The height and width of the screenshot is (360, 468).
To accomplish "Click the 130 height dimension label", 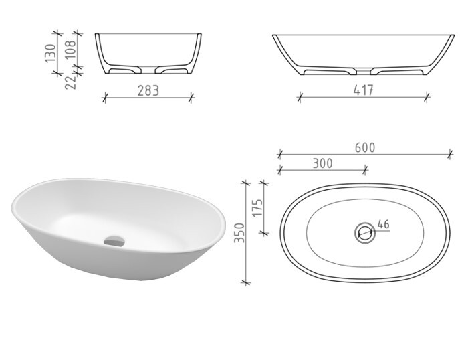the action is tap(51, 53).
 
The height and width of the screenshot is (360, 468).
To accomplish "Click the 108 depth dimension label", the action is tap(71, 49).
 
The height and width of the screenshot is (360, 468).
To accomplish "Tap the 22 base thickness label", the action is tap(71, 82).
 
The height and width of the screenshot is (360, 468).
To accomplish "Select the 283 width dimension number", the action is tap(148, 91).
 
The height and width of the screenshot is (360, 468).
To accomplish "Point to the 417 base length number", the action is tap(363, 90).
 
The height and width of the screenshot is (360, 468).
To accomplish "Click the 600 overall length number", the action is tap(365, 147).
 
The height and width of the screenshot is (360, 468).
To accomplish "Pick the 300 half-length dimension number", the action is tap(323, 163).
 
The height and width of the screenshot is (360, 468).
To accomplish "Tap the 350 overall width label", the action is tap(240, 233).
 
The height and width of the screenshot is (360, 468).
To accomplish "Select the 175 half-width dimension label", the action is tap(257, 207).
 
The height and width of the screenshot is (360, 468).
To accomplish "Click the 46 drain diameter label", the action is tap(384, 224).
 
